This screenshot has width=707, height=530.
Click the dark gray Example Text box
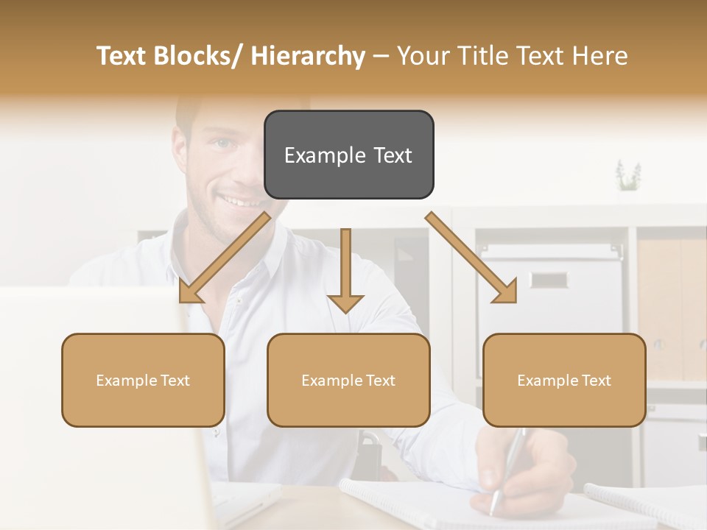coord(348,155)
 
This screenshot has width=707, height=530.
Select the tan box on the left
coord(143,380)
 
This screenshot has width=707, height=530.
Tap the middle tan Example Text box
coord(348,380)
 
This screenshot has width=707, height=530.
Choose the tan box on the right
coord(564,380)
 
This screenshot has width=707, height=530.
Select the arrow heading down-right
coord(471,258)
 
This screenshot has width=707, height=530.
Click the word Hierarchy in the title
coord(307,56)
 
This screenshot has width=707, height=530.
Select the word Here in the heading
coord(602,56)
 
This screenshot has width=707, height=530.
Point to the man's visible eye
coord(223,143)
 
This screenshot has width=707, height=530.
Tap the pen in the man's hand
coord(508,471)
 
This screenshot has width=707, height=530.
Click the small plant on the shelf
coord(628,176)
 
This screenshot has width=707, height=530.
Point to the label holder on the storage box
coord(548,280)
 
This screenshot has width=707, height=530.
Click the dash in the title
coord(381,56)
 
